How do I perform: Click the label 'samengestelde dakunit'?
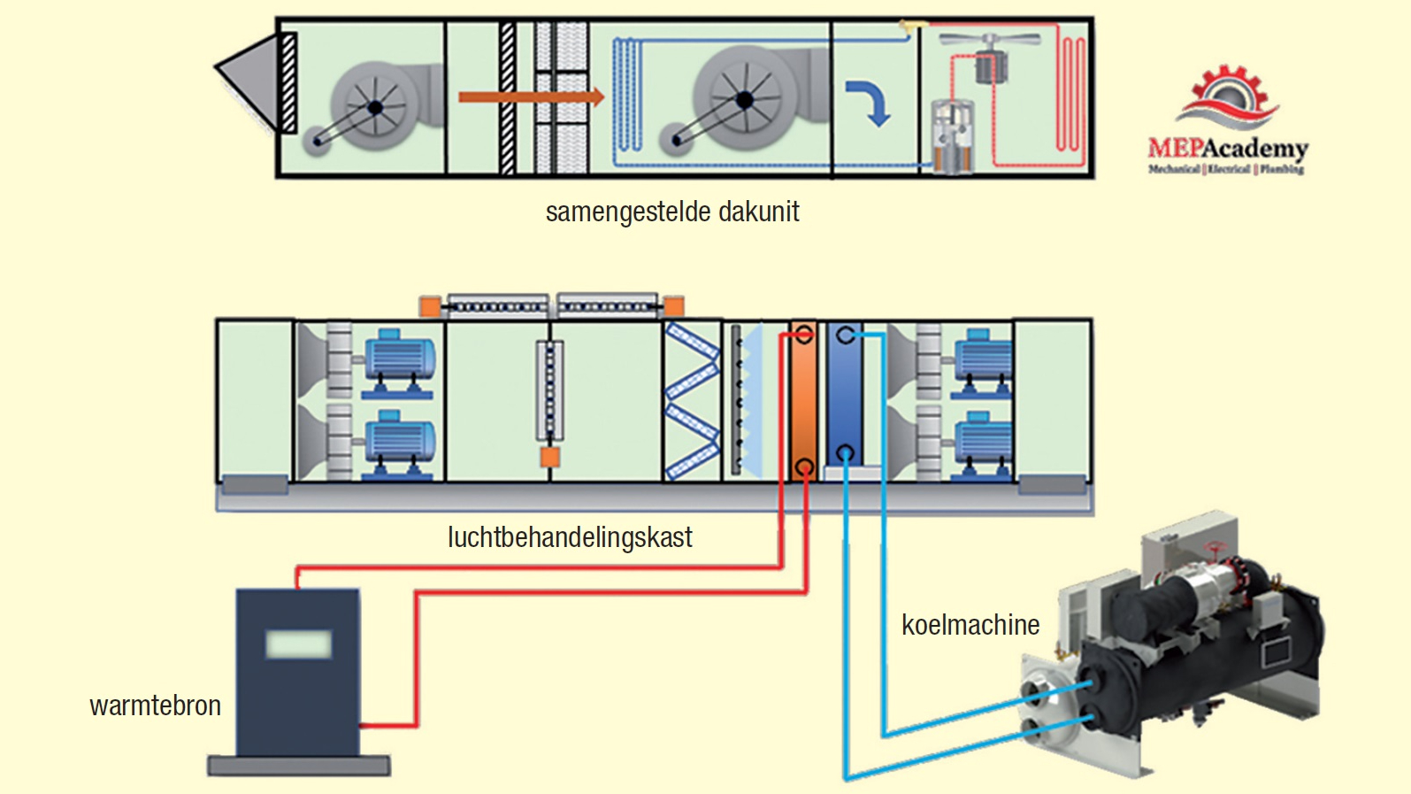(x=672, y=212)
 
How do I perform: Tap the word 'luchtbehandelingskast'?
(x=570, y=537)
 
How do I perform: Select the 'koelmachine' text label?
(x=970, y=625)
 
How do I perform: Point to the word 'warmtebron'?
(x=156, y=705)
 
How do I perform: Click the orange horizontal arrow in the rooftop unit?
(x=531, y=96)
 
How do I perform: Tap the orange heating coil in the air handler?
(x=803, y=400)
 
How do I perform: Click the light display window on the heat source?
(x=299, y=644)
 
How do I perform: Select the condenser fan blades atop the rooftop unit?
(x=990, y=39)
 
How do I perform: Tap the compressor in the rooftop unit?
(x=953, y=137)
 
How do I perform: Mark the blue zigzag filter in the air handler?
(x=692, y=401)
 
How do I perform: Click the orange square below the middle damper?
(x=550, y=457)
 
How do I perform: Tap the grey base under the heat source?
(x=299, y=766)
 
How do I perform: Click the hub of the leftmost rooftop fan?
(x=376, y=108)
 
